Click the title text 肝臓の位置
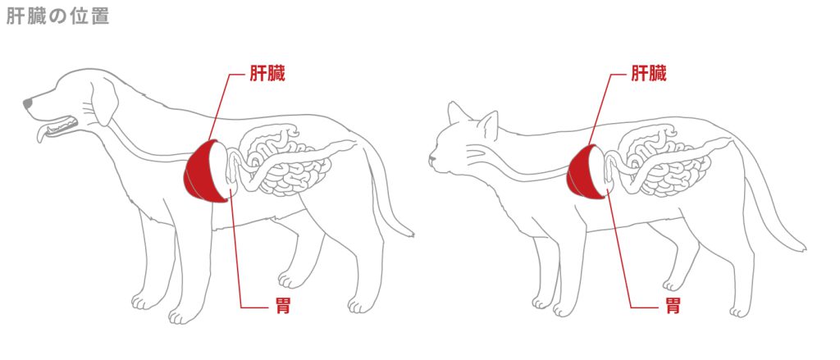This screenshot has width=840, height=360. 57,17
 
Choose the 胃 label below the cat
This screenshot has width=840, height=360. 672,307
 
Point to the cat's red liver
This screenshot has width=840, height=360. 582,171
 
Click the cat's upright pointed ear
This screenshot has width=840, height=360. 489,124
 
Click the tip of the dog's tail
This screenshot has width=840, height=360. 410,234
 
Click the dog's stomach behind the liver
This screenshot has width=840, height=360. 232,173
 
